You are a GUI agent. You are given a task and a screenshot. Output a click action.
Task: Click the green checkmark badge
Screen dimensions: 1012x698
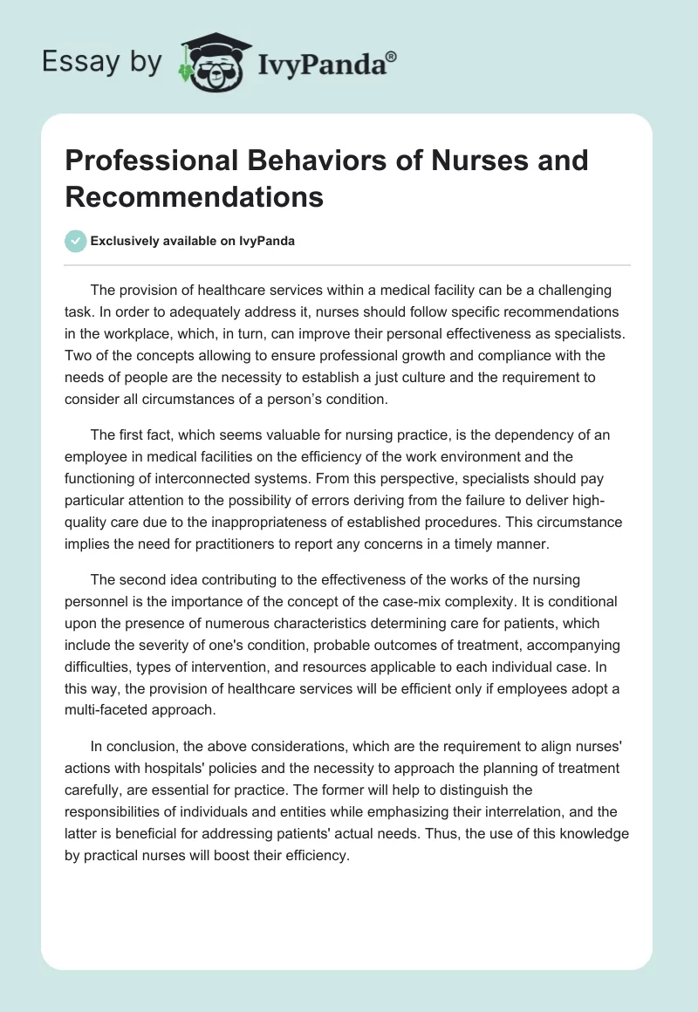click(x=76, y=241)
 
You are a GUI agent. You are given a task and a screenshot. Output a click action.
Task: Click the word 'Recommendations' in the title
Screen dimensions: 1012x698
click(x=194, y=197)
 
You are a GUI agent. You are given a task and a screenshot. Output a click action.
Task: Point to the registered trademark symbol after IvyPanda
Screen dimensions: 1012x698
click(x=392, y=57)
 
